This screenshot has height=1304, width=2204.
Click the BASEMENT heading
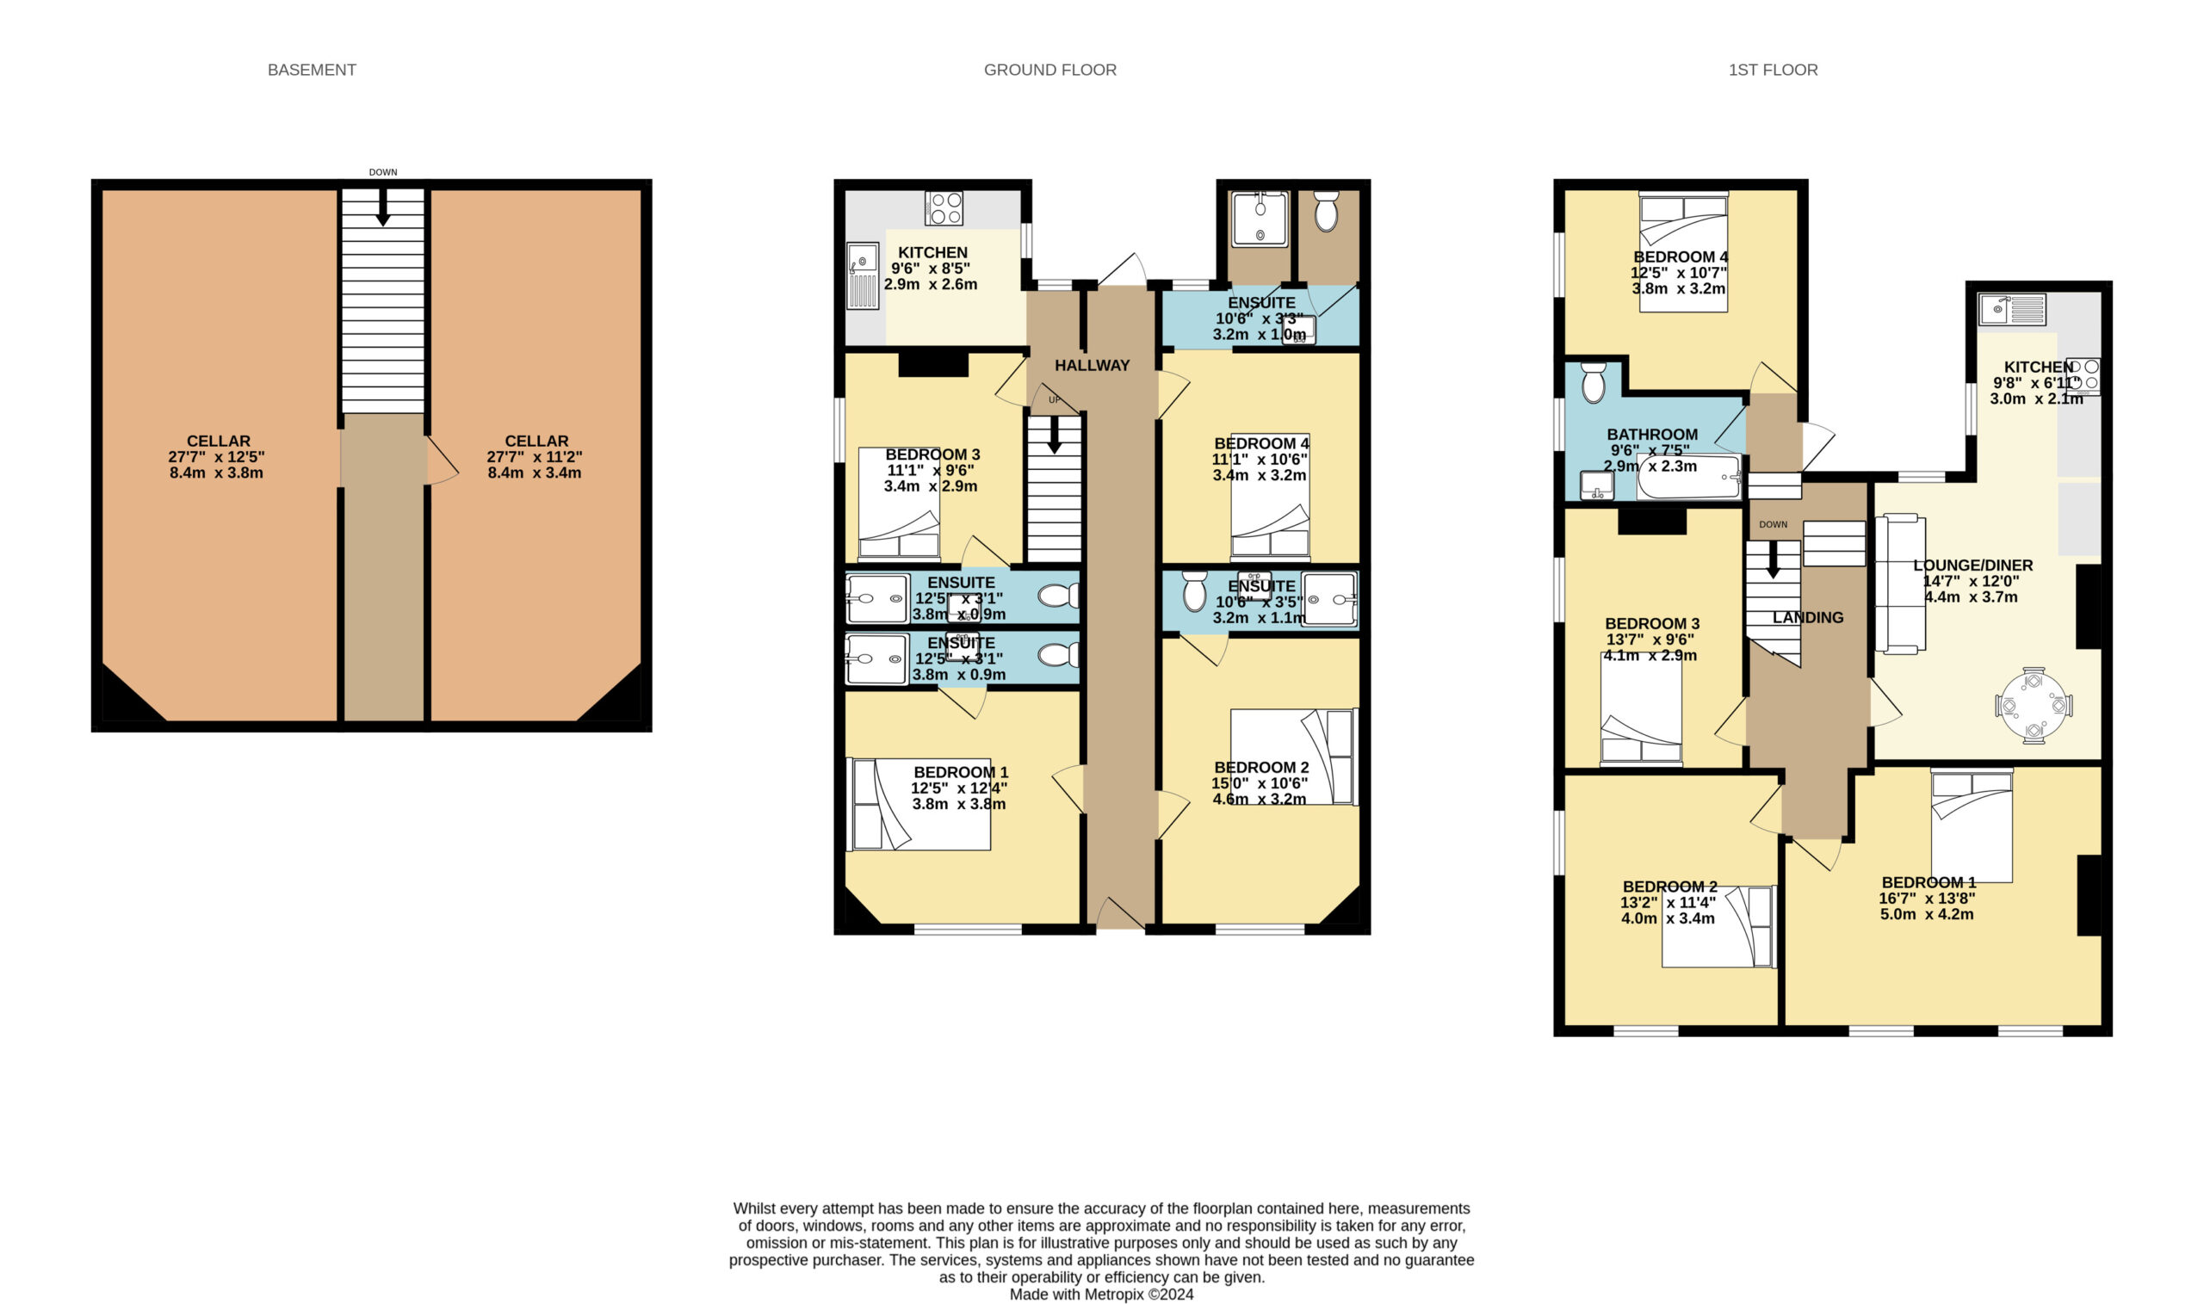click(x=312, y=70)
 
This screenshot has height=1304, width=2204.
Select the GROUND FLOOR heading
click(x=1050, y=70)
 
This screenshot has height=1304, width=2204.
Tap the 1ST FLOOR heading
click(x=1774, y=70)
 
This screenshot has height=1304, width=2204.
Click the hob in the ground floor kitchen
click(x=944, y=208)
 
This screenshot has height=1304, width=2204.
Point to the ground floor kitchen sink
click(x=863, y=276)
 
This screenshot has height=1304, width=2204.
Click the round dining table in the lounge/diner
click(x=2034, y=706)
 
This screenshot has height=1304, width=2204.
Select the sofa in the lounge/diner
click(x=1900, y=585)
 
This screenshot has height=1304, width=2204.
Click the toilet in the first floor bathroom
click(x=1594, y=382)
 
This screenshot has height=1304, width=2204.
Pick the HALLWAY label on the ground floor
click(x=1093, y=366)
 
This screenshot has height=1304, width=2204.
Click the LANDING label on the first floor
click(x=1808, y=618)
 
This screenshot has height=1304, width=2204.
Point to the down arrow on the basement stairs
click(x=383, y=208)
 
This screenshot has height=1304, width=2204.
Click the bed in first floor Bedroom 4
click(x=1684, y=252)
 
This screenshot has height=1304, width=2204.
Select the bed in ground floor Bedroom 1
click(x=919, y=804)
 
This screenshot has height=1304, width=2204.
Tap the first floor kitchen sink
click(x=2012, y=309)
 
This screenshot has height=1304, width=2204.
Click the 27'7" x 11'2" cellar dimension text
click(x=535, y=457)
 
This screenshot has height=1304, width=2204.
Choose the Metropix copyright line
click(x=1102, y=1295)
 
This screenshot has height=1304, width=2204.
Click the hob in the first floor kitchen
click(x=2083, y=376)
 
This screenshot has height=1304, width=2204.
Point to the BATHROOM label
click(x=1652, y=434)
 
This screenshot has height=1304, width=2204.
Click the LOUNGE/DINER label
click(x=1973, y=565)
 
